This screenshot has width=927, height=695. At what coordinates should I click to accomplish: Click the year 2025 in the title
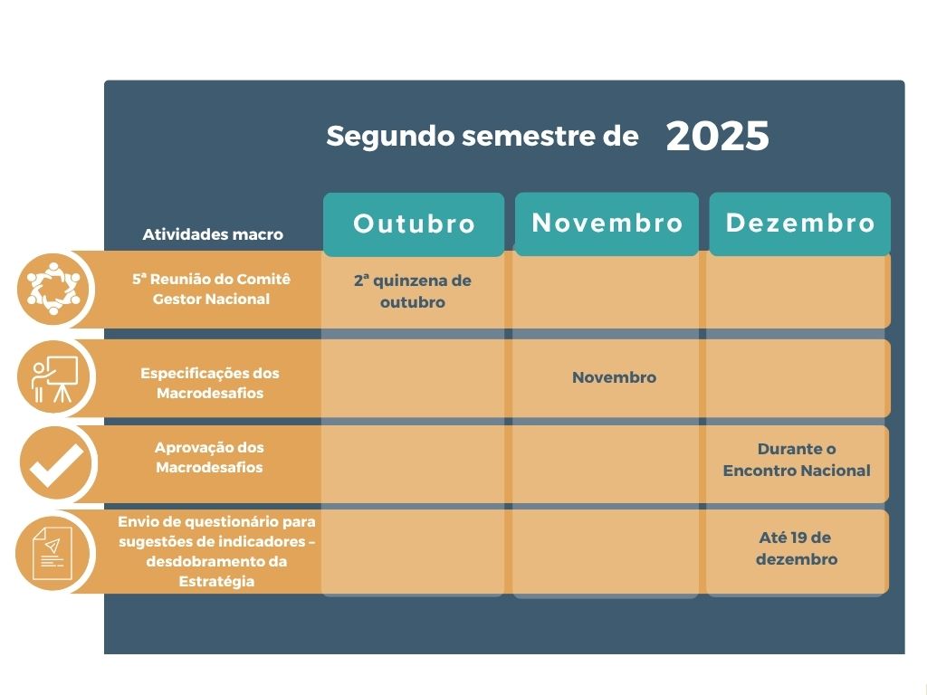717,136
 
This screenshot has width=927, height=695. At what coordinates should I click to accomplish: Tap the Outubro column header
414,224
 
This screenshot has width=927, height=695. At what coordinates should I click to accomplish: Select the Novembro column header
607,224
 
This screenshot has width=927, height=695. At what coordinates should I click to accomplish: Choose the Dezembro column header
800,224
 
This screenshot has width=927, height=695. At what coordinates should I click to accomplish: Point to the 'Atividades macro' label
213,234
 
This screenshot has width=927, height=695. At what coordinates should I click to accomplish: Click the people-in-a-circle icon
53,289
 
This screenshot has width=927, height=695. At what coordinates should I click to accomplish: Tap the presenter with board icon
54,378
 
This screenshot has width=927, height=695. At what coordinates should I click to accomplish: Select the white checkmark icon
56,464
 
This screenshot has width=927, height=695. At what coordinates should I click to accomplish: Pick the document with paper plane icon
53,554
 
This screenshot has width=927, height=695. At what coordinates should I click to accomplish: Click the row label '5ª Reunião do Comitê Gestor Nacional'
212,289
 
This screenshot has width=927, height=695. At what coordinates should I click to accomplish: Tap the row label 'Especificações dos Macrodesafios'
210,383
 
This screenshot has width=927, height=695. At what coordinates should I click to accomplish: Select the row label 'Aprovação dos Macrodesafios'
209,457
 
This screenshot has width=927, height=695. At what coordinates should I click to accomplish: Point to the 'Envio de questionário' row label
216,551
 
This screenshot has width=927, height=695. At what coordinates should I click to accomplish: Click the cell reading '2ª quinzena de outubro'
413,291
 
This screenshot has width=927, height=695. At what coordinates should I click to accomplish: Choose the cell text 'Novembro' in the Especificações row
615,377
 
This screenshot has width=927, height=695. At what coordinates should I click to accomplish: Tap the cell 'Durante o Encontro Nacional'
797,460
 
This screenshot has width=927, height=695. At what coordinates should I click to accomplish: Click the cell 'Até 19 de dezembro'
797,548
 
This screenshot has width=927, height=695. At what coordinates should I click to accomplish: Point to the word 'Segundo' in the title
390,137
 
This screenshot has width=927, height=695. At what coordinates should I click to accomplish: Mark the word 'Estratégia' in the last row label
216,582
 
